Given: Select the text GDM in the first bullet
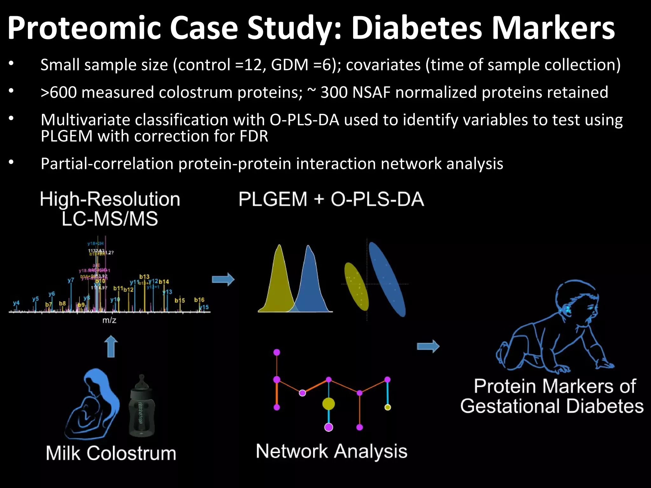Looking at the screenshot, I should [290, 65].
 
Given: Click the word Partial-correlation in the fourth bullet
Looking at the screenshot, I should [107, 164].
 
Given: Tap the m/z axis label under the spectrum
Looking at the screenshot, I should [109, 320].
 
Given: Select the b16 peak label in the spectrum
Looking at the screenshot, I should [199, 300].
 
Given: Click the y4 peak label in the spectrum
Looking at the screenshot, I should [16, 303].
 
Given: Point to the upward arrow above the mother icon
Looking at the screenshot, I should [111, 346].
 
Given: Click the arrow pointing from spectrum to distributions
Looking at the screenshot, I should [223, 279].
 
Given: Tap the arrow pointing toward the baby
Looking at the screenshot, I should [428, 346].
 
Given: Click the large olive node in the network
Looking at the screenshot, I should [328, 404].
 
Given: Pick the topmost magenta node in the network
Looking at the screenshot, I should [277, 352].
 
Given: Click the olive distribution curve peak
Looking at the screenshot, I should [279, 251].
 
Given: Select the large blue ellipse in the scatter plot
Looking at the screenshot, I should [387, 279].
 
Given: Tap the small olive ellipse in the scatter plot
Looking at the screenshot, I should [356, 286].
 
